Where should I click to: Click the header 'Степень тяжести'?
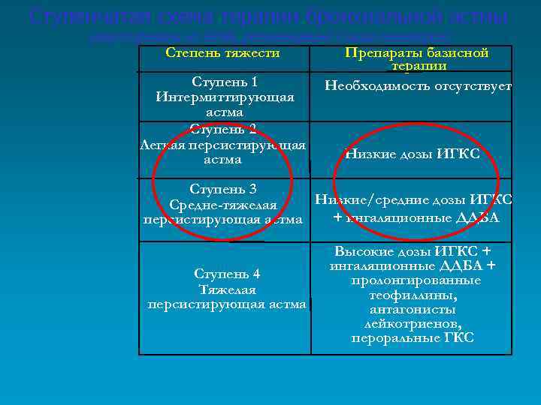pos(222,52)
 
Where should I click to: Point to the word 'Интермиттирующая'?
pos(225,97)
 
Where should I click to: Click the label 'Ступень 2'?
pos(223,128)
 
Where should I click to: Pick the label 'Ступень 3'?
pos(223,188)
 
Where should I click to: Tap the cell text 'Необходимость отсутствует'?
pos(418,85)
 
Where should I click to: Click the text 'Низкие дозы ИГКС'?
pos(412,154)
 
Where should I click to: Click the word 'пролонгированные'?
pos(416,280)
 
